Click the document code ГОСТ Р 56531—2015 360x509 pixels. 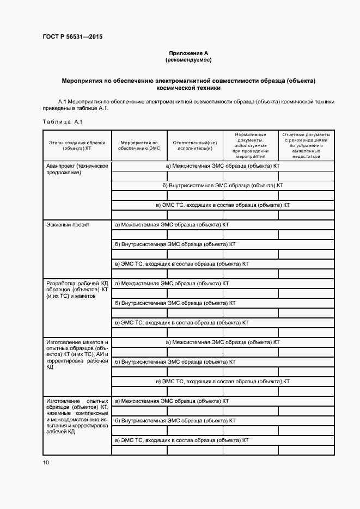72,37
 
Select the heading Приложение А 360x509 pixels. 189,53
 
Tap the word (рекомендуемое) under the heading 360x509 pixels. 189,59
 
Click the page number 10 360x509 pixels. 46,462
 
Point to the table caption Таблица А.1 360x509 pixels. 62,121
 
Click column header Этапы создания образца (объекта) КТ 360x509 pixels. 77,145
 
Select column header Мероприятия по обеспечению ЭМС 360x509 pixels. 139,145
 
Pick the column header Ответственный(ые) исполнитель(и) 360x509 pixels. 194,145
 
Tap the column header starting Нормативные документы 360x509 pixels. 250,145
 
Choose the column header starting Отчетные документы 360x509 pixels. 306,145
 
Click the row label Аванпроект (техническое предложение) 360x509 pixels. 77,169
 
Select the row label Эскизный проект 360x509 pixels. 68,224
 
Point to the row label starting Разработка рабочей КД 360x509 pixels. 77,290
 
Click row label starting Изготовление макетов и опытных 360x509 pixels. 77,354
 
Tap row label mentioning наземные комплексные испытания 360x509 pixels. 77,416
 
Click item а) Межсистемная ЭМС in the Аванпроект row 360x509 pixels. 222,165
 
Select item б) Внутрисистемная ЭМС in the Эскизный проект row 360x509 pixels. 175,244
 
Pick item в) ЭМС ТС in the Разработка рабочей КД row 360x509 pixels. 181,322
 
